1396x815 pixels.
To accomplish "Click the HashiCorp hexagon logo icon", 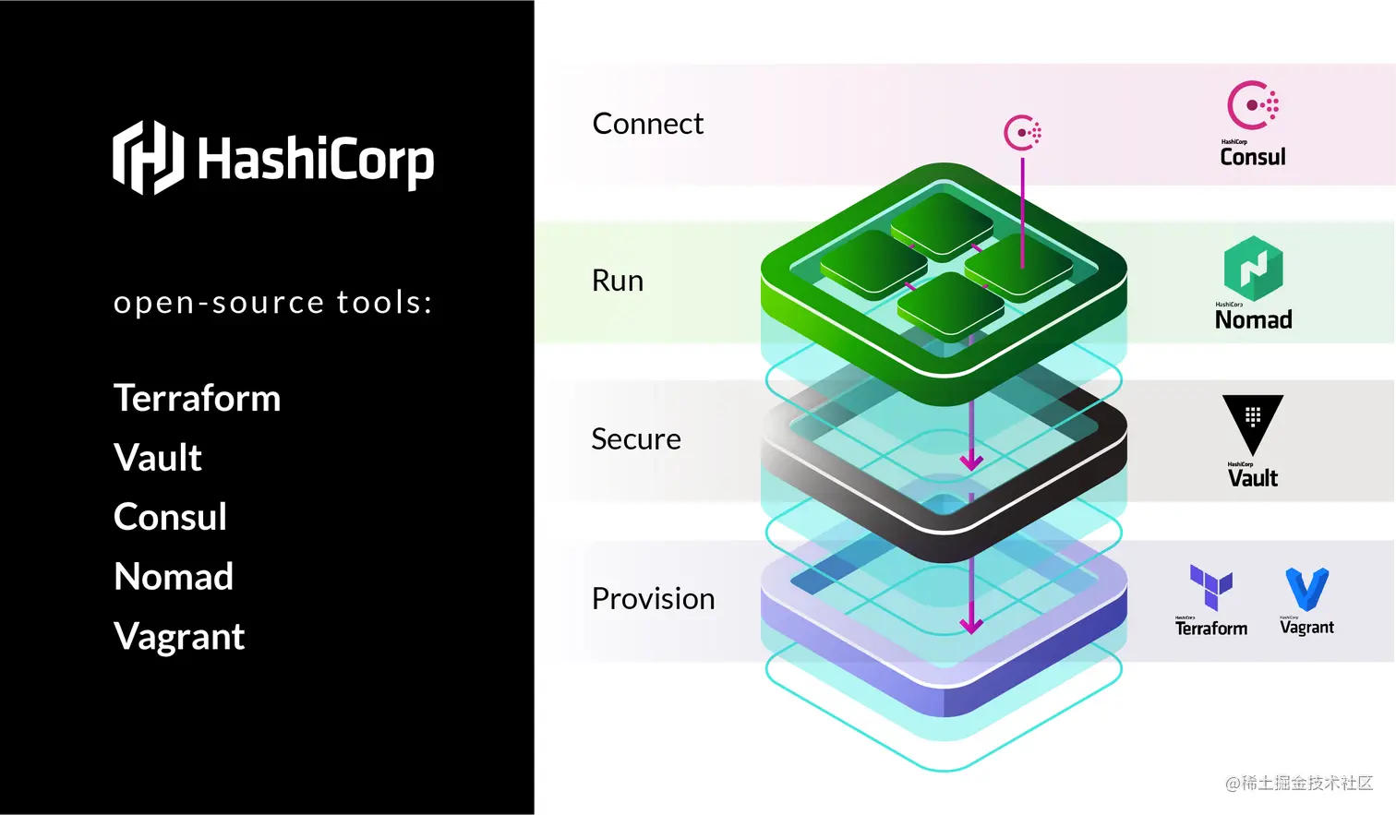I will point(148,158).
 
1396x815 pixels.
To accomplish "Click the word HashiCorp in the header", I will point(315,161).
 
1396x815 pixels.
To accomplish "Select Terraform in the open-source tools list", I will point(197,399).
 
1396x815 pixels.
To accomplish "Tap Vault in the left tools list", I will point(158,458).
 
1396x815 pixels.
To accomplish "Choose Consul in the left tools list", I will point(170,517).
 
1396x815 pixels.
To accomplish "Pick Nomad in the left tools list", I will point(174,577).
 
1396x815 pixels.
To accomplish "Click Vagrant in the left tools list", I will point(179,637).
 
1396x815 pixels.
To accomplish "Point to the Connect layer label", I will point(647,124).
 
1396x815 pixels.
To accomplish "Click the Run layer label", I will point(618,281).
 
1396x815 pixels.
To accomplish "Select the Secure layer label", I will point(636,439).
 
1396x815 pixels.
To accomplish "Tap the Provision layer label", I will point(653,599).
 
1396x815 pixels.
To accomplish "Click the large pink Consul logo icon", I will point(1252,105).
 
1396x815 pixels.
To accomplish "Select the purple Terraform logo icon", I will point(1210,586).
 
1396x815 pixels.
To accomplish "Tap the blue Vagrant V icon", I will point(1306,589).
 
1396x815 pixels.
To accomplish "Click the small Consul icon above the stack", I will point(1023,133).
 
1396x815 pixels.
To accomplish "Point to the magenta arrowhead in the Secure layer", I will point(971,461).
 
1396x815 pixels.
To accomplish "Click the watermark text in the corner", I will point(1299,784).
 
